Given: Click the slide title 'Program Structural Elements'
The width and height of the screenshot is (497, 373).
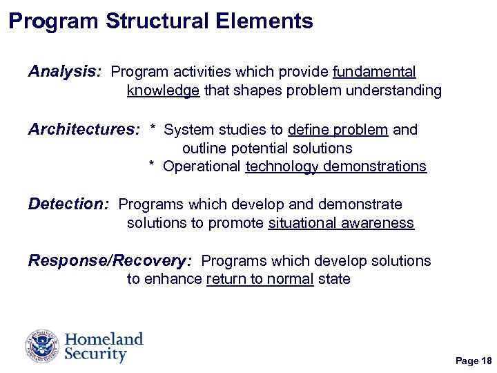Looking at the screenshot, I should (x=161, y=21).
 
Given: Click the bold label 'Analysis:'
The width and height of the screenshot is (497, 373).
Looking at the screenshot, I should (x=65, y=72).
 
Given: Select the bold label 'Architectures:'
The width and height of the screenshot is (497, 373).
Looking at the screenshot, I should (x=84, y=130).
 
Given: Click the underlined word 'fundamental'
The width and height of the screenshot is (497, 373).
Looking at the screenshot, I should (x=374, y=72).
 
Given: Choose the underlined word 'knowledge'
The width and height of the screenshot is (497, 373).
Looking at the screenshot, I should (x=164, y=90).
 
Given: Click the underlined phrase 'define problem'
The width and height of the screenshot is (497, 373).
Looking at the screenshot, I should (x=338, y=130).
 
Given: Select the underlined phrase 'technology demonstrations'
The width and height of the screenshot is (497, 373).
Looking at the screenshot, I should (x=335, y=166).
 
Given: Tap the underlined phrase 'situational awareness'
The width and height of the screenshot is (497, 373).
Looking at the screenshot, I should (x=341, y=223).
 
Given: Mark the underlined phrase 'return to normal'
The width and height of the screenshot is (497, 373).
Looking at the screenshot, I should (x=260, y=279).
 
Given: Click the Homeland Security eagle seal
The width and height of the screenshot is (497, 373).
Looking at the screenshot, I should (x=43, y=347).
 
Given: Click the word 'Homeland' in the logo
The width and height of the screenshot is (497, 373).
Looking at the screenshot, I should (x=104, y=339).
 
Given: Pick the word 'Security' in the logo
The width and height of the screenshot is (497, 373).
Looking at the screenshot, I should (x=96, y=355).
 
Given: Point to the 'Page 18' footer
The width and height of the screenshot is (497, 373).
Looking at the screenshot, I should (x=474, y=361).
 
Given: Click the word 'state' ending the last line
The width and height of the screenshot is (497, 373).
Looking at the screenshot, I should (x=334, y=279).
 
